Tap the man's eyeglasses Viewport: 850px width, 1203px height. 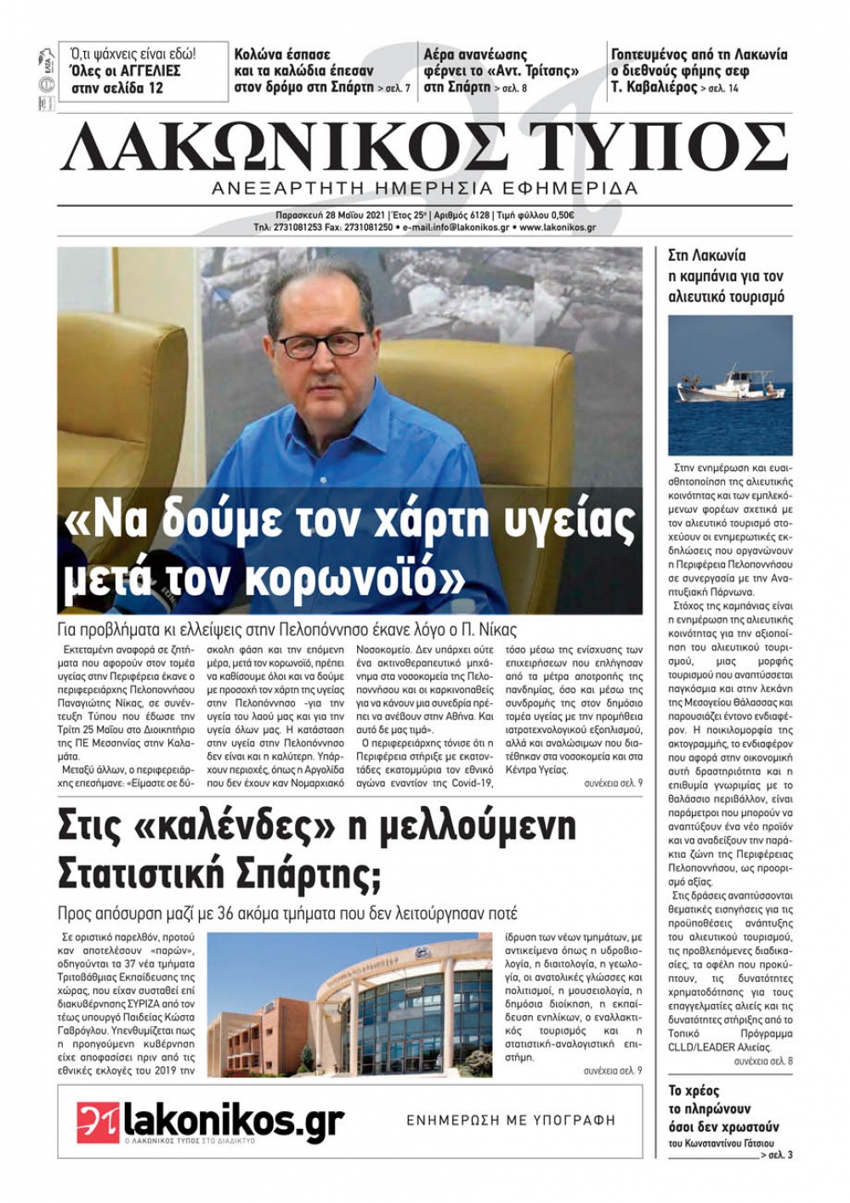coord(321,344)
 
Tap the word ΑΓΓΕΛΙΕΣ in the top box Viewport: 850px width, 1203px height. coord(143,71)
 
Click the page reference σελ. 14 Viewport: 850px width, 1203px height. coord(720,88)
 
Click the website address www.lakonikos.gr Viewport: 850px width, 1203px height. coord(558,228)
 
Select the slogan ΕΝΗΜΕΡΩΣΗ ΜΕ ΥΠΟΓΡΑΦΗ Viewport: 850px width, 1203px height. coord(511,1121)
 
